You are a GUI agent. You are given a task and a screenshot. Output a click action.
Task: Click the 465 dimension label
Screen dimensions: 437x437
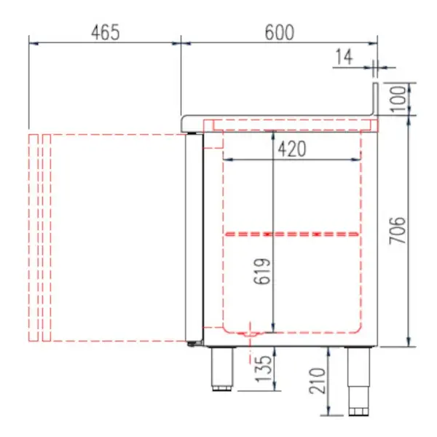(105, 33)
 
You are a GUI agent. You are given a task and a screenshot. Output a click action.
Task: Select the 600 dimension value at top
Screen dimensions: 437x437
(279, 33)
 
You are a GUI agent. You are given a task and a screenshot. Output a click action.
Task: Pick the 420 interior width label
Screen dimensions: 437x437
(291, 149)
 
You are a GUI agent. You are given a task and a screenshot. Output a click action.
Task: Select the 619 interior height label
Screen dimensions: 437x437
(262, 272)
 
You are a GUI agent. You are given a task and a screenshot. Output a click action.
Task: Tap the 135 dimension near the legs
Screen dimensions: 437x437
(262, 369)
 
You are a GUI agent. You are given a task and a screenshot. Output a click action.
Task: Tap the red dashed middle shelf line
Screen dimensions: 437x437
(291, 234)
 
